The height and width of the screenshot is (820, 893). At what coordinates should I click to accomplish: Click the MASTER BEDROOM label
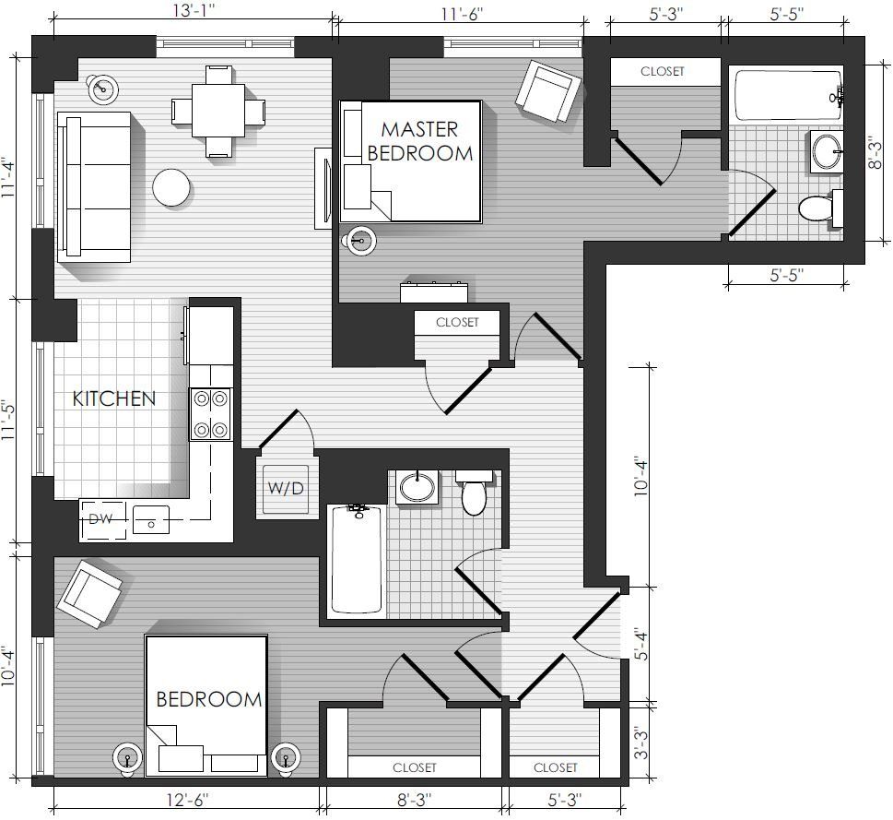420,141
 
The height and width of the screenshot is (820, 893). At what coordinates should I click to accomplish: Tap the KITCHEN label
114,398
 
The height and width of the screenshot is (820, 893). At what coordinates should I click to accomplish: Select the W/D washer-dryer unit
286,488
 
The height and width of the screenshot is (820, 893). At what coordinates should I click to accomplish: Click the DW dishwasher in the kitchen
102,519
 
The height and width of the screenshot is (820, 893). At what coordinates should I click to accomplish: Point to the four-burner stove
211,414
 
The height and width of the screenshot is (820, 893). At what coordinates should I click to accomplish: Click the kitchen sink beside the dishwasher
151,519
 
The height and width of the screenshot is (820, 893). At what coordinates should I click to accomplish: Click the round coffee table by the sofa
171,187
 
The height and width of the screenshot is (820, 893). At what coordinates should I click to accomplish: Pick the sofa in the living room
94,186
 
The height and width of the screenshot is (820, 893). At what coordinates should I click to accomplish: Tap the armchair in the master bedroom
548,91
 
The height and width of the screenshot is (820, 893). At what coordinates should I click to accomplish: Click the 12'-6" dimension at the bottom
187,800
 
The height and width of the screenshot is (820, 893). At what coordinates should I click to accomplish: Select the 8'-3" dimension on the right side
875,153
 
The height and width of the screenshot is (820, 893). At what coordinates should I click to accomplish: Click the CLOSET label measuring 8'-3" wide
415,767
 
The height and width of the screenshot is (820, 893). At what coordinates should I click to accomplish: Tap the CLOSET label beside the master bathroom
663,71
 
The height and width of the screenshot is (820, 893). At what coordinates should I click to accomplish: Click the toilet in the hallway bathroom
474,492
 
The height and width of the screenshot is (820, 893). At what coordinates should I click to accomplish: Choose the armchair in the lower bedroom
90,594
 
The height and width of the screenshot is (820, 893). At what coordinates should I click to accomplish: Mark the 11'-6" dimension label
462,14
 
